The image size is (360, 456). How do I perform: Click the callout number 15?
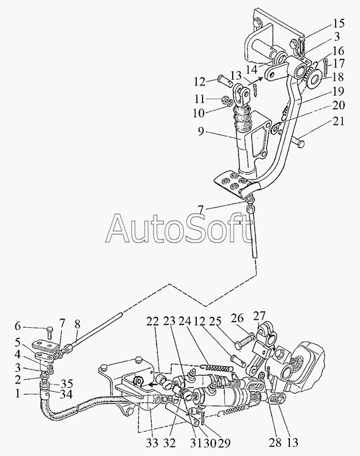339,23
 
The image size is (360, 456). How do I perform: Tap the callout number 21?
339,121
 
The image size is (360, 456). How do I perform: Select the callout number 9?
201,132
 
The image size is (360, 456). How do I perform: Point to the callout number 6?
18,327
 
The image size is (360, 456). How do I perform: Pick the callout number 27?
260,316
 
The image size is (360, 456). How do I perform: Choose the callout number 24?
184,321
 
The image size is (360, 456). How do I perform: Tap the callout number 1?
18,394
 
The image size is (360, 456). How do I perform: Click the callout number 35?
67,383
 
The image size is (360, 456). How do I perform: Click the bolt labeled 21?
298,142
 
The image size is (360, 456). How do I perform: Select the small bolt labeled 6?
49,332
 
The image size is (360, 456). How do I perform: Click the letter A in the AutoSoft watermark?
118,228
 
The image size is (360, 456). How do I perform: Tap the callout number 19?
339,91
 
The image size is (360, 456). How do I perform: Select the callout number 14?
252,70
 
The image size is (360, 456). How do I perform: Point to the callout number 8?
78,327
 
